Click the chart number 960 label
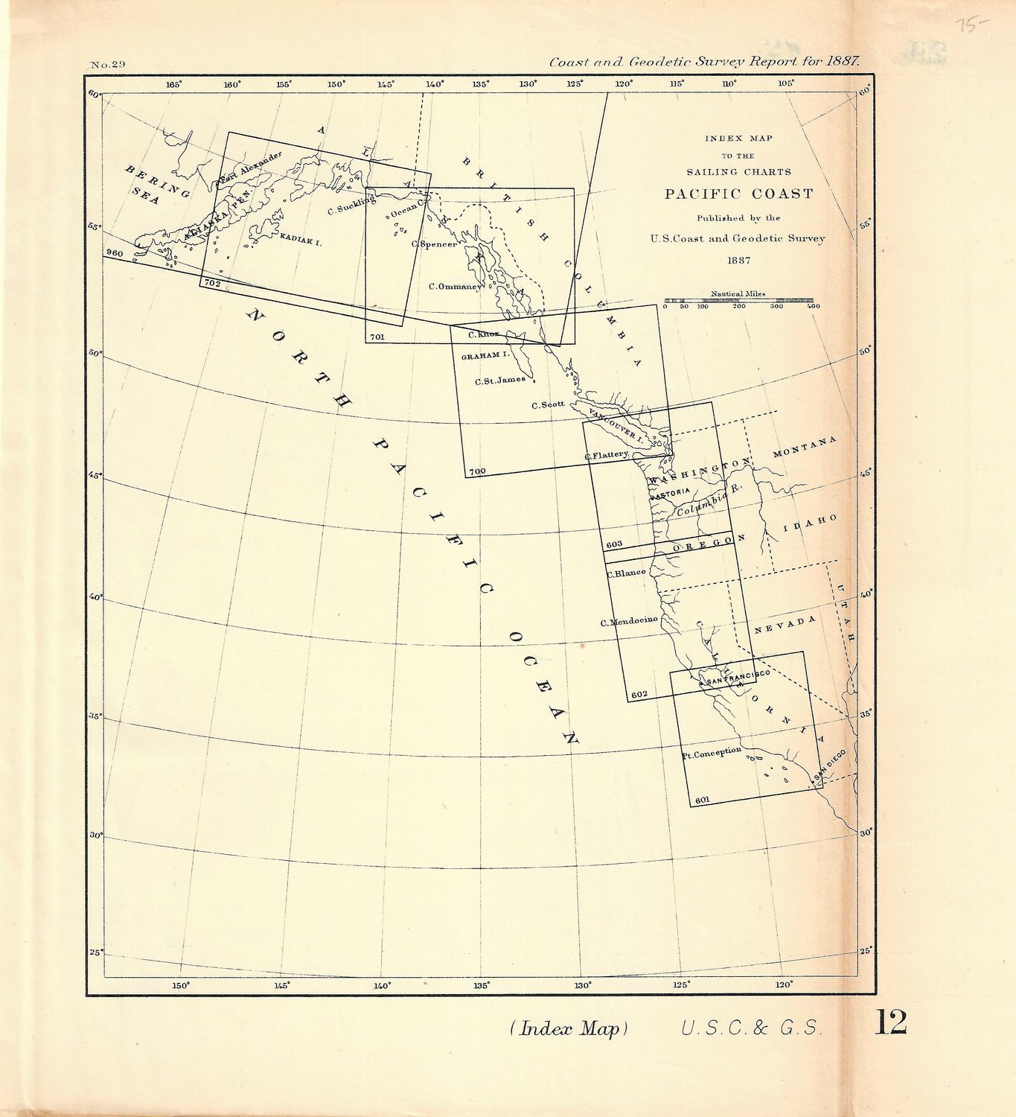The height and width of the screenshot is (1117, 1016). point(115,253)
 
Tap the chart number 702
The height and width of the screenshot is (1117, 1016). point(211,284)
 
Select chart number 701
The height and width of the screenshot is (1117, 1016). point(377,337)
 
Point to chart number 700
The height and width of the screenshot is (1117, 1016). point(477,471)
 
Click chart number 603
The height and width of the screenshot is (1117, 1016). point(614,544)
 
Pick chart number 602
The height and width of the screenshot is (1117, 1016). point(639,695)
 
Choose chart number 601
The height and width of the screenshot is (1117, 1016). point(702,801)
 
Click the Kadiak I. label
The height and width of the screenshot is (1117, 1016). point(301,241)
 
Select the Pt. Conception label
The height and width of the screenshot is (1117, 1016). point(712,753)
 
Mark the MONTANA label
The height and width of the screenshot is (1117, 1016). point(805,447)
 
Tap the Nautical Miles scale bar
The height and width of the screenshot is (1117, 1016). point(738,301)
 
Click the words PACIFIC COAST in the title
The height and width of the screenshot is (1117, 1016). point(738,194)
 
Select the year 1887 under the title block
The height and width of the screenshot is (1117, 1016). point(738,260)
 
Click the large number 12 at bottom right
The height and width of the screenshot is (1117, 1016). point(890,1022)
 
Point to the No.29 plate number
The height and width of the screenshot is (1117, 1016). point(107,65)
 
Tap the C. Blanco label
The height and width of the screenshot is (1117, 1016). point(625,573)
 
